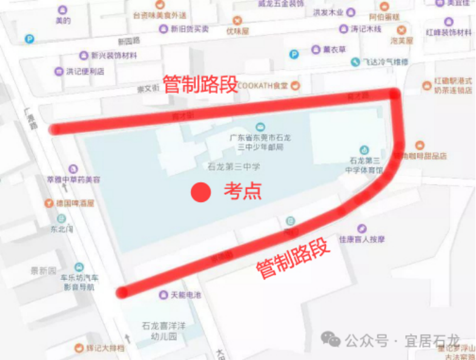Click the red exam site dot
coord(200,192)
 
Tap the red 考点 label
coord(243,191)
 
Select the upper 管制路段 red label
coord(200,85)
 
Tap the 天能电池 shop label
coord(186,295)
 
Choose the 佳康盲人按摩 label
coord(362,239)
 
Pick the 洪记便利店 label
coord(85,71)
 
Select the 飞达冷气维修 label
coord(386,62)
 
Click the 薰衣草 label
coord(334,50)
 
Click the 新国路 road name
coord(128,42)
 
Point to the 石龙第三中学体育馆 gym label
coord(365,165)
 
